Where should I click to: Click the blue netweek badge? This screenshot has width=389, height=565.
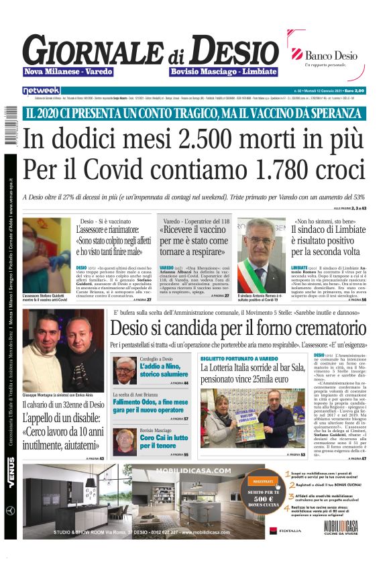[41, 90]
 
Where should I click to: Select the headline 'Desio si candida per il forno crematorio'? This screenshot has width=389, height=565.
[237, 328]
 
